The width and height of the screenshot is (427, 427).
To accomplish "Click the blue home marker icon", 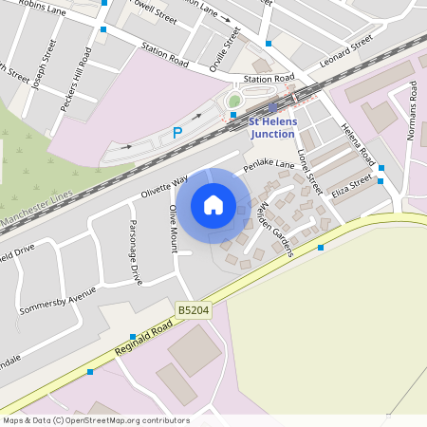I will coord(213,205).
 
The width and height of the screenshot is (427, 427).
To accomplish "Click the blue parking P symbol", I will coord(176,134).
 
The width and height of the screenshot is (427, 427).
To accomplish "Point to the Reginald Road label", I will coord(143,336).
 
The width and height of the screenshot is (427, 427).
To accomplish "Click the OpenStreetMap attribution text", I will coord(95,420).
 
